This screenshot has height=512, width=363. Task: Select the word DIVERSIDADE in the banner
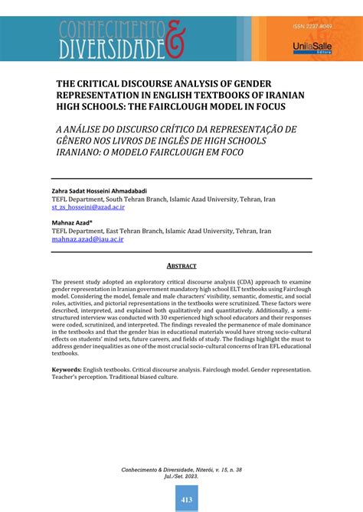(x=110, y=50)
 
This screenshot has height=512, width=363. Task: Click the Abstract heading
(x=181, y=266)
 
